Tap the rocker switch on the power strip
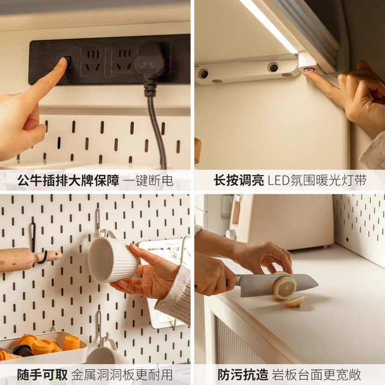click(x=67, y=61)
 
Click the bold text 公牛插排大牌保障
click(x=68, y=180)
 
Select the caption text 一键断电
click(x=149, y=180)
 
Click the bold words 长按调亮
click(x=239, y=180)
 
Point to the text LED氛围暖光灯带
click(x=317, y=180)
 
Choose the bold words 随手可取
click(x=42, y=375)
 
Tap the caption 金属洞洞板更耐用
click(x=122, y=375)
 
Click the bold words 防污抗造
click(x=243, y=375)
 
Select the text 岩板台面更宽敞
click(x=316, y=375)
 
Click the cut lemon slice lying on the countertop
click(x=295, y=301)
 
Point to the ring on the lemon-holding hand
click(x=282, y=249)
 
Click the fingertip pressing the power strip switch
click(x=63, y=61)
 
